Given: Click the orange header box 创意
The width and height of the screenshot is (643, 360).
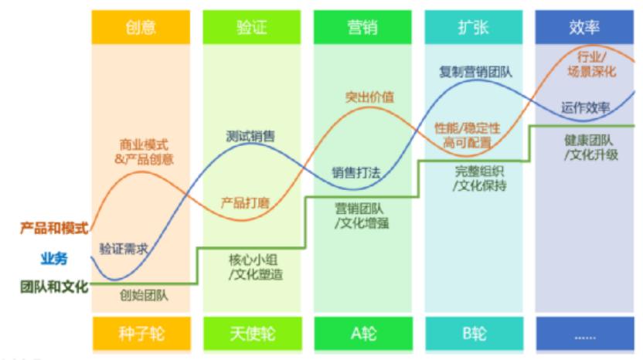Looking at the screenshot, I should click(141, 28).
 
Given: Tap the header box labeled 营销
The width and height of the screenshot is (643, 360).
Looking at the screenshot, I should click(362, 28).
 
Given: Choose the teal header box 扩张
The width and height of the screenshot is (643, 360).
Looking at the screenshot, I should click(473, 28).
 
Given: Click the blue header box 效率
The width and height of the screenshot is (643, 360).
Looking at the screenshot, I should click(583, 28).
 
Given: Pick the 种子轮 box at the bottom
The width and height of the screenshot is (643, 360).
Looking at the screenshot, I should click(141, 334).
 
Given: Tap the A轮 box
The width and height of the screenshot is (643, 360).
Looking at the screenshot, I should click(362, 334).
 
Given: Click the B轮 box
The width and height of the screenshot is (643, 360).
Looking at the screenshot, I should click(473, 334).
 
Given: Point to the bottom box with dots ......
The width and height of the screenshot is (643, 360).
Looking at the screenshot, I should click(583, 334).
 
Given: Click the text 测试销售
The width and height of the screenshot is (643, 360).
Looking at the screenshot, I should click(251, 137).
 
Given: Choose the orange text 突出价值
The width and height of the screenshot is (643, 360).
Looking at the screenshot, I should click(369, 97).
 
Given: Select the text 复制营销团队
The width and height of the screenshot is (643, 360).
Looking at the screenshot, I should click(475, 73).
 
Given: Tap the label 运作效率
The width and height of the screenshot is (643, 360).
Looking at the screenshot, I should click(586, 107).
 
